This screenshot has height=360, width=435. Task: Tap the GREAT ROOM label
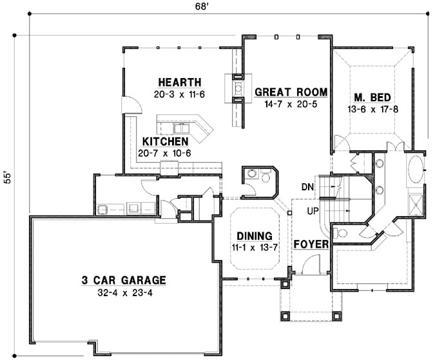[291, 92]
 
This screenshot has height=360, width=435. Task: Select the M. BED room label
[372, 97]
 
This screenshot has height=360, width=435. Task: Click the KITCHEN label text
[165, 141]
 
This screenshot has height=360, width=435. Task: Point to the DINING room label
[253, 236]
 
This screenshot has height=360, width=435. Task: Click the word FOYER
[312, 245]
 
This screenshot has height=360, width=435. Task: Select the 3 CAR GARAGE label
[123, 280]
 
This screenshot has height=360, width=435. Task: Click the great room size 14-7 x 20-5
[291, 104]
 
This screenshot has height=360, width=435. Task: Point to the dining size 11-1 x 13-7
[253, 247]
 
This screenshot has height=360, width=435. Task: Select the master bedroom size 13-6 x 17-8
[372, 109]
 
